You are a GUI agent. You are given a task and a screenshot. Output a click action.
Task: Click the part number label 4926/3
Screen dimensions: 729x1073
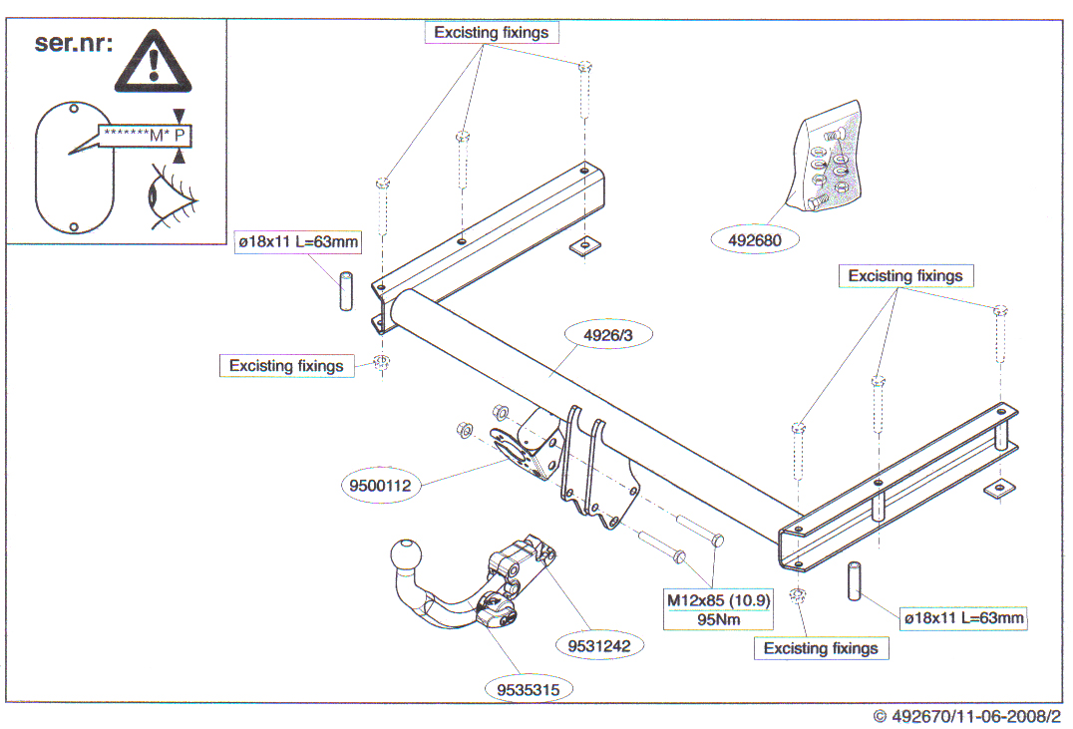(607, 336)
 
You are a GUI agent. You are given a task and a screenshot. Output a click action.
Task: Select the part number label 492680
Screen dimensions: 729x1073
(755, 239)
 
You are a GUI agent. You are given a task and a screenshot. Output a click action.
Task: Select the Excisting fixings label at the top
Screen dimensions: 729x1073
(492, 32)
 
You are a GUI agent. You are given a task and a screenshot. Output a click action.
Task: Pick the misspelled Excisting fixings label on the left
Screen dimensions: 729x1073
(286, 366)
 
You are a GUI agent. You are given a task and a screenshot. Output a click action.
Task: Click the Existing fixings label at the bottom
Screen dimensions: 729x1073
(821, 648)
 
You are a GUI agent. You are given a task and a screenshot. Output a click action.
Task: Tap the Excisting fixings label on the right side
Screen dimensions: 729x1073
(905, 275)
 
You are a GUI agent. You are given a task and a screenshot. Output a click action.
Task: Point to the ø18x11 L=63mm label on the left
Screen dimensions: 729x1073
(297, 241)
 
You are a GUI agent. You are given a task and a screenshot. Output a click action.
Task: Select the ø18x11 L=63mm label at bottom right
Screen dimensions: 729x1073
(964, 618)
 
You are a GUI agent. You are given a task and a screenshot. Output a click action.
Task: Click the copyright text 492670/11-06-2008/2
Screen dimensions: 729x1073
(966, 716)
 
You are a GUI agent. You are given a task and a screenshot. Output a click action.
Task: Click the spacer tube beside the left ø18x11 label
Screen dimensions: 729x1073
(348, 290)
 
